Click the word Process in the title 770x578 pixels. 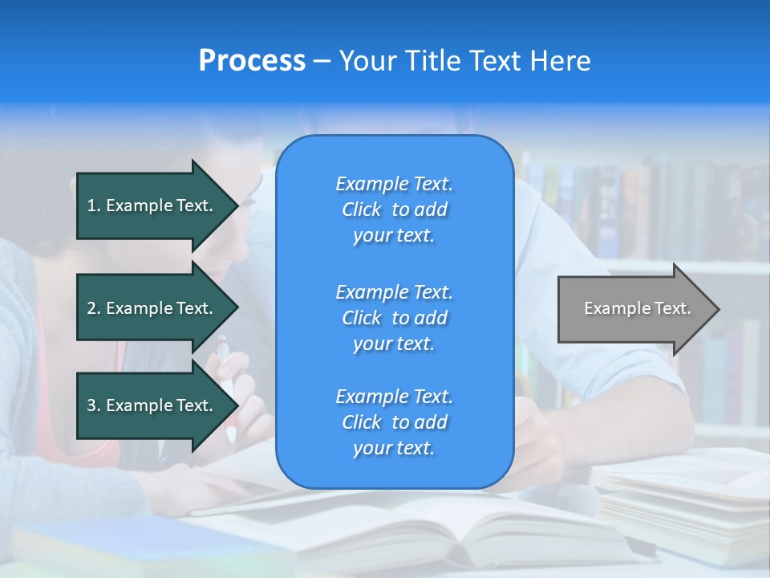click(x=252, y=61)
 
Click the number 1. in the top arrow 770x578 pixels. click(x=94, y=206)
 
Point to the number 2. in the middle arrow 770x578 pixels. click(x=94, y=308)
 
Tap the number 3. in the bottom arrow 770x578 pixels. click(x=94, y=405)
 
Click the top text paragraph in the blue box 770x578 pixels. click(x=395, y=210)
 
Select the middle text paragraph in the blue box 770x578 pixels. click(x=395, y=318)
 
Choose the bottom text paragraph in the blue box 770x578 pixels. click(x=395, y=422)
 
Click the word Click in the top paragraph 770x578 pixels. click(x=362, y=210)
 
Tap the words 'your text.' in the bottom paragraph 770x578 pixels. click(x=394, y=449)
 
